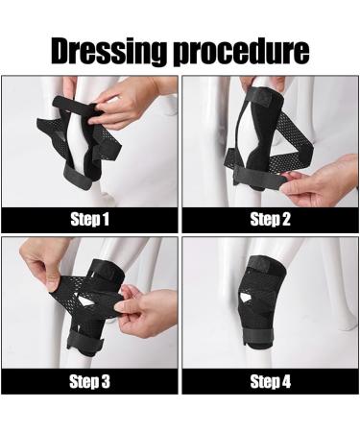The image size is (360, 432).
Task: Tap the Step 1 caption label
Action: tap(89, 218)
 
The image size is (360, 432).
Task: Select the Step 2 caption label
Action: tap(270, 218)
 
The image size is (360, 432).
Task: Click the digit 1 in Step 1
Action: tap(109, 218)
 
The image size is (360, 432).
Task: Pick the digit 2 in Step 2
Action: tap(291, 218)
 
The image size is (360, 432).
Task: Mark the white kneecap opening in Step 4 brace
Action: tap(270, 297)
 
